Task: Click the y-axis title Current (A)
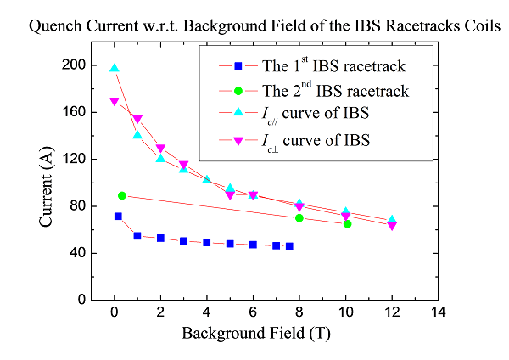click(48, 182)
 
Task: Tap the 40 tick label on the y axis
click(76, 253)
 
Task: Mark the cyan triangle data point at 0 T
click(115, 68)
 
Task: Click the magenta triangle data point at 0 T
click(115, 102)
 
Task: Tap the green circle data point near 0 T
click(122, 195)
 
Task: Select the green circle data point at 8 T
click(299, 217)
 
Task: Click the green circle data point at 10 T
click(347, 223)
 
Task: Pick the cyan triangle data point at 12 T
click(392, 220)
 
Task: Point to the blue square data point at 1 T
click(137, 235)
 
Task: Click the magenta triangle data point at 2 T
click(160, 149)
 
